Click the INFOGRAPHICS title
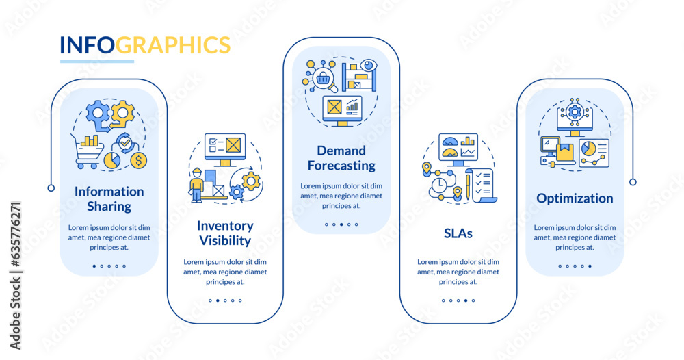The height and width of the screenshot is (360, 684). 145,44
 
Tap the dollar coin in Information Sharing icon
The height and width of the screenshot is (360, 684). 139,161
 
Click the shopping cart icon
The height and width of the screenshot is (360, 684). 88,149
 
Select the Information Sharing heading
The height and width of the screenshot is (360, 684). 109,198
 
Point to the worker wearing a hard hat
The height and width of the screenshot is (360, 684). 198,185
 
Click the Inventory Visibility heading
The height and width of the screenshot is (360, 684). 225,233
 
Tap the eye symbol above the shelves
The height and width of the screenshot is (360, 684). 369,66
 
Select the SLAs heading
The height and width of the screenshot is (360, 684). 458,233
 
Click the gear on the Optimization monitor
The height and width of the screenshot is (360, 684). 575,112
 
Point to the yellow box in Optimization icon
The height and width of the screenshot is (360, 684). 564,153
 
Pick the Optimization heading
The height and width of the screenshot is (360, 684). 575,198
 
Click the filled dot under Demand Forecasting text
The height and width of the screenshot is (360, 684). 349,224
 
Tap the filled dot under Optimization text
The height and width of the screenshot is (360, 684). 590,266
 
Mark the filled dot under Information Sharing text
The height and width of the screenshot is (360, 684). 94,266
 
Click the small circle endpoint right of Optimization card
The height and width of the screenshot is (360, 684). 633,182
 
